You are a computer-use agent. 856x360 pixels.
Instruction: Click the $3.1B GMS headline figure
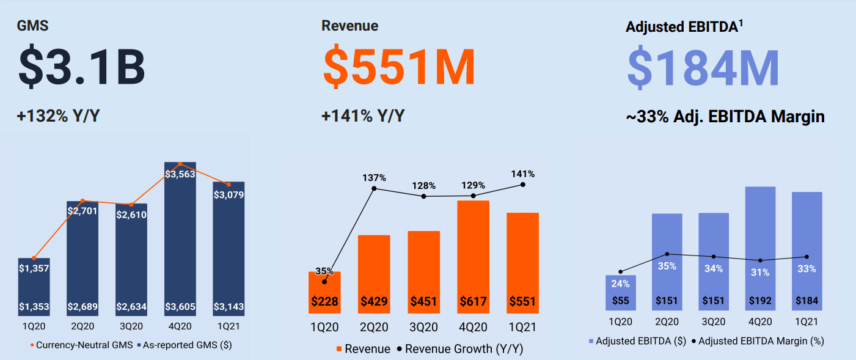point(81,67)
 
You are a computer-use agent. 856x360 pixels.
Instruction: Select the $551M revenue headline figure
point(399,67)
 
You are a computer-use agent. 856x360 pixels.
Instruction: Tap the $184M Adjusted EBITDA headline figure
point(703,67)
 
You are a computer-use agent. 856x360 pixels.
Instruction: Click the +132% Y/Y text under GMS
point(59,116)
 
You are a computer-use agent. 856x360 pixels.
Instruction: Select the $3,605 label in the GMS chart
point(180,306)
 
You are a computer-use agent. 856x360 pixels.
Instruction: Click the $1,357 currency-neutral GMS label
point(34,268)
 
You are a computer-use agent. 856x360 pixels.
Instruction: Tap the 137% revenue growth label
point(374,178)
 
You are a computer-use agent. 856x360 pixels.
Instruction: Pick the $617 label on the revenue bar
point(474,301)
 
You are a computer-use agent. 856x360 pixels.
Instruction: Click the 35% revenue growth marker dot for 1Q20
point(324,282)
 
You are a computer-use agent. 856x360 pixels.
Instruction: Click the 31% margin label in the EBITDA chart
point(760,273)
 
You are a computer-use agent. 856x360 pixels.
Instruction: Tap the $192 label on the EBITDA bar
point(760,301)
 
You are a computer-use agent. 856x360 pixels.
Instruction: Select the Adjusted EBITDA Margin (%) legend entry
point(757,341)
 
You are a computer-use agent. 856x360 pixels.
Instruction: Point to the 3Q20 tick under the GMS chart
point(131,326)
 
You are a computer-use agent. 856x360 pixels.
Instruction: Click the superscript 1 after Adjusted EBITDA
point(741,23)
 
